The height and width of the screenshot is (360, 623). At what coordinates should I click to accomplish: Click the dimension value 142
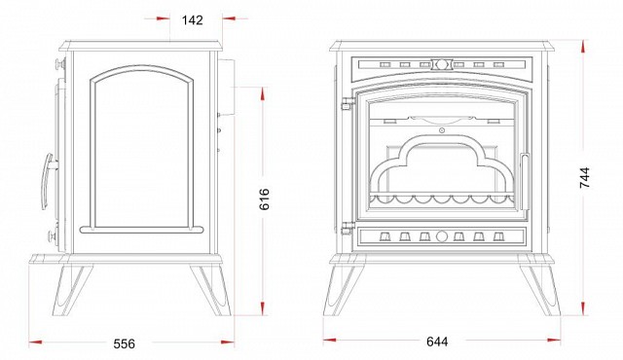193,19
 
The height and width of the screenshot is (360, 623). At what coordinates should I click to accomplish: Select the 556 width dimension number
124,343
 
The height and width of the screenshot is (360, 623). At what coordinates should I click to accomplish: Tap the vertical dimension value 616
264,199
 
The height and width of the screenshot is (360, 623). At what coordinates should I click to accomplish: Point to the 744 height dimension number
585,177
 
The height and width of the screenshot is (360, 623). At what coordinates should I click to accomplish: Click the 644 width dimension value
437,342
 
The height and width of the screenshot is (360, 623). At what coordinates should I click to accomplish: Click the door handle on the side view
48,181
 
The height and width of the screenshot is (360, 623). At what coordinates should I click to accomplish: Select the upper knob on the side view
60,63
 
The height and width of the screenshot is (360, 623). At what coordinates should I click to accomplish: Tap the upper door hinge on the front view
348,103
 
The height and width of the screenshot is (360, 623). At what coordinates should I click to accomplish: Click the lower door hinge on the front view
348,228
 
